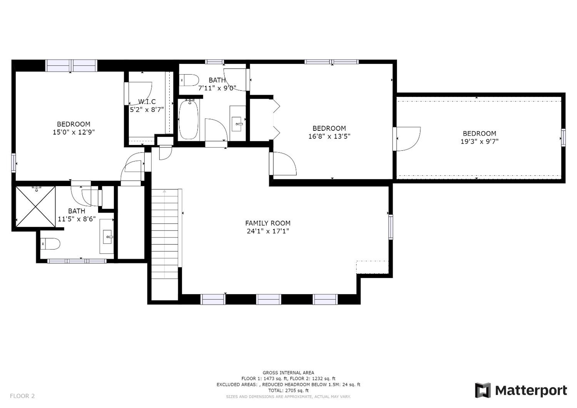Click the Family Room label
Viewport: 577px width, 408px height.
pyautogui.click(x=268, y=223)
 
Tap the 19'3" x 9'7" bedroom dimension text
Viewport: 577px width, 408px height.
pyautogui.click(x=479, y=141)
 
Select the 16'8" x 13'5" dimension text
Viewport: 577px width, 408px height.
pyautogui.click(x=329, y=136)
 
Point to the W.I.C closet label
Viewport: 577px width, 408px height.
pyautogui.click(x=147, y=102)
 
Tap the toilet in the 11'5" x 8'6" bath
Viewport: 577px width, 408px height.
pyautogui.click(x=50, y=244)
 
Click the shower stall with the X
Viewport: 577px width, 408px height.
pyautogui.click(x=35, y=207)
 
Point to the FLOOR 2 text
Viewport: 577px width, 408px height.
pyautogui.click(x=22, y=396)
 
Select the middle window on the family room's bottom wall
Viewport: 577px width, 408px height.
pyautogui.click(x=268, y=299)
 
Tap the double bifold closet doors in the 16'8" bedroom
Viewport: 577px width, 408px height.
pyautogui.click(x=276, y=119)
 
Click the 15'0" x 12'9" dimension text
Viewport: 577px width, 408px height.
pyautogui.click(x=74, y=132)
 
